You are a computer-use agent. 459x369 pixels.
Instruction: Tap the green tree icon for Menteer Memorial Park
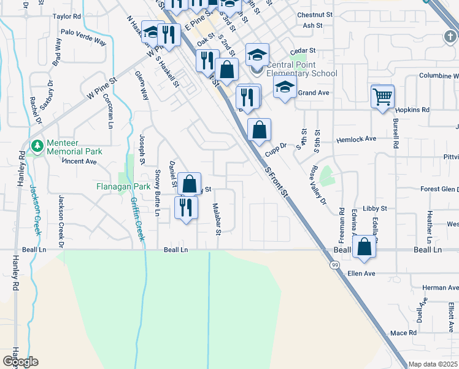[37, 146]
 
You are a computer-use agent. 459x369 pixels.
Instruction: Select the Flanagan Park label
[123, 186]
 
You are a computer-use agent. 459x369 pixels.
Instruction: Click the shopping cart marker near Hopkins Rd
[382, 96]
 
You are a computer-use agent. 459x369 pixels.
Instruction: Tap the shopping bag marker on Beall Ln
[364, 247]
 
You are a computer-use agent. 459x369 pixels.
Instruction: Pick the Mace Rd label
[403, 333]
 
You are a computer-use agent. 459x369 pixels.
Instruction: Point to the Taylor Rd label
[67, 17]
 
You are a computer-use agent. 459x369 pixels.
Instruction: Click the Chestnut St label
[314, 14]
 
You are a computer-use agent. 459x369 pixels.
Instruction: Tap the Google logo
[20, 362]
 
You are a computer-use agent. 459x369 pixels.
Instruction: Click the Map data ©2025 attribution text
[433, 364]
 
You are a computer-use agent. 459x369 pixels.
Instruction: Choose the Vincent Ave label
[80, 162]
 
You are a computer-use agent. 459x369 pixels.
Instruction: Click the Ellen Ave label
[361, 273]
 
